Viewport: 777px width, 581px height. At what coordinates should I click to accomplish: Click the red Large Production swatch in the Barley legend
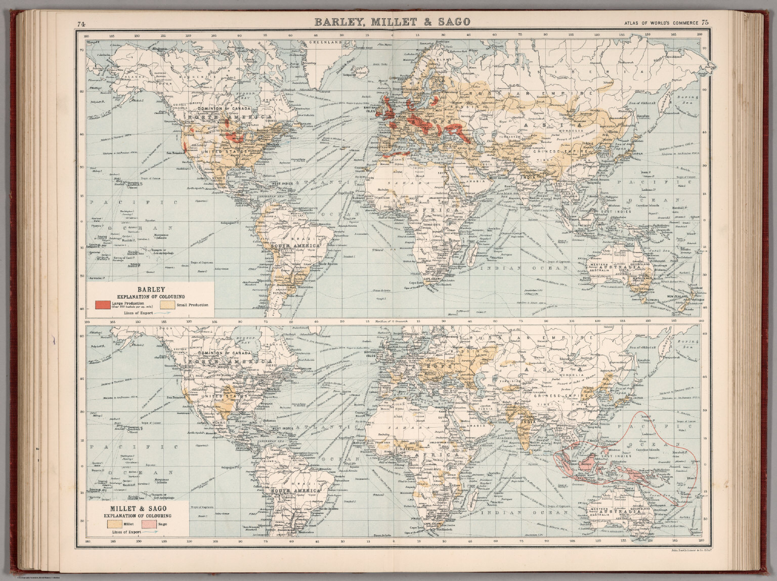tap(103, 304)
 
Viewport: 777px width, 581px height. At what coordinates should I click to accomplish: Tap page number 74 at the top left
tap(81, 23)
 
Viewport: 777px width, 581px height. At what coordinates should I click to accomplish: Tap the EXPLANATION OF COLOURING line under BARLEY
tap(151, 296)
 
